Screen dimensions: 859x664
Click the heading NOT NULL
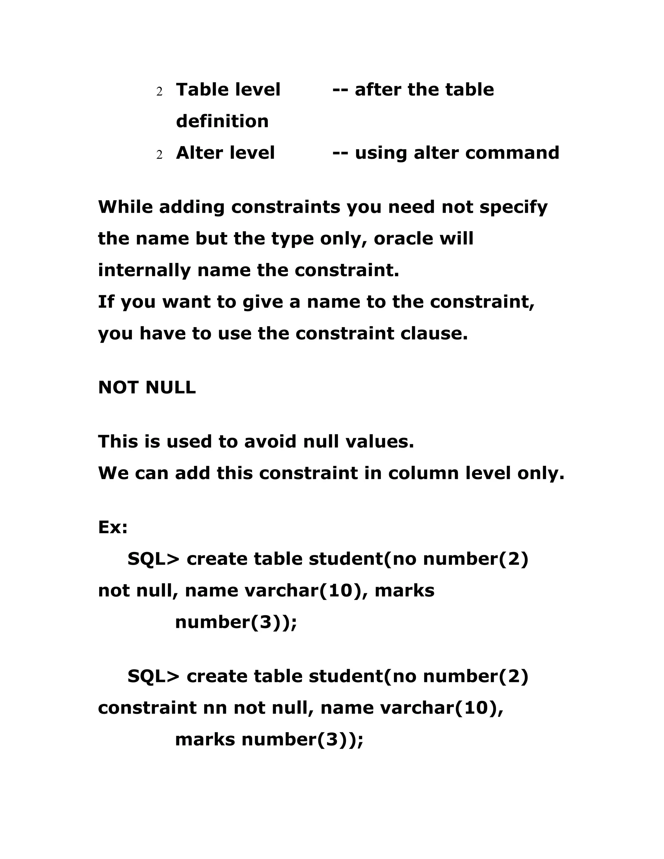tap(147, 387)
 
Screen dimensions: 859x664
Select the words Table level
tap(228, 90)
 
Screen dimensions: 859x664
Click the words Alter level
tap(225, 153)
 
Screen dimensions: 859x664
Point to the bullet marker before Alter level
tap(159, 155)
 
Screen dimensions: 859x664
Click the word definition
tap(222, 121)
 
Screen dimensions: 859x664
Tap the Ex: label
tap(113, 527)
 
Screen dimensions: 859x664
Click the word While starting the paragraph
tap(125, 207)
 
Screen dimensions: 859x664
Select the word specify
tap(513, 207)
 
